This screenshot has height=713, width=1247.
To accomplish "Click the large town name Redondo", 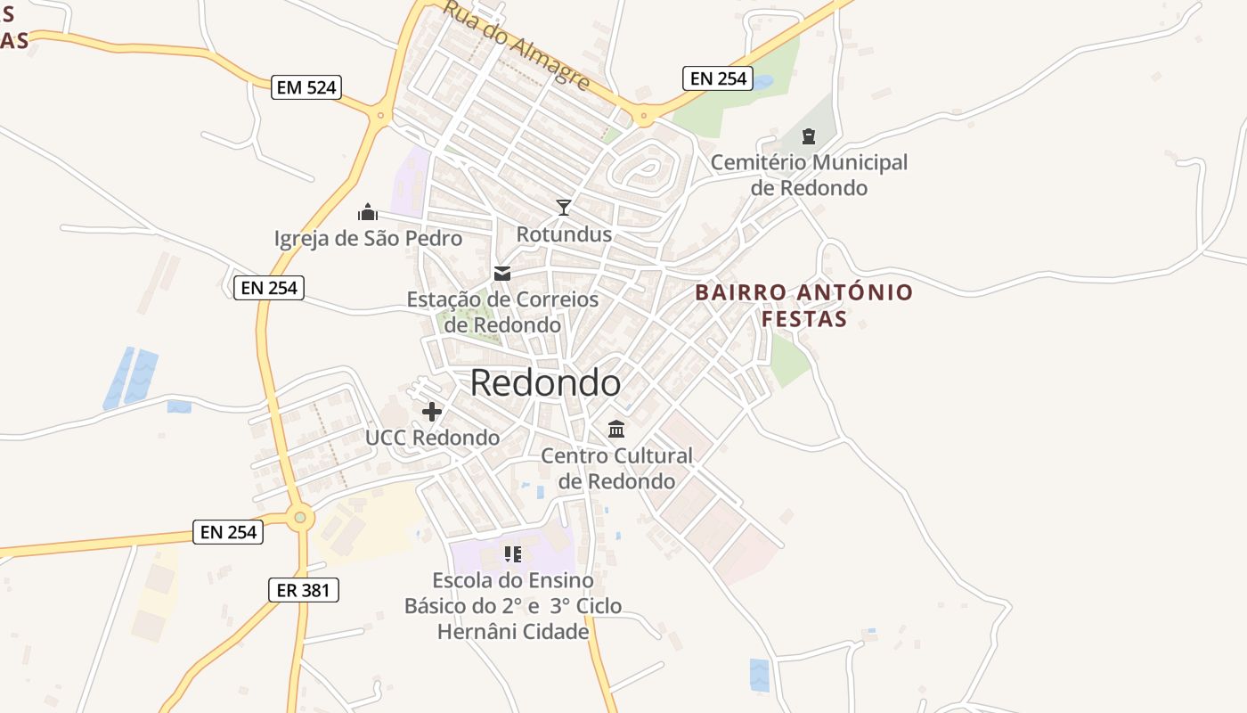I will click(x=545, y=382).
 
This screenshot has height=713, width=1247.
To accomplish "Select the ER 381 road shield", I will click(x=304, y=589).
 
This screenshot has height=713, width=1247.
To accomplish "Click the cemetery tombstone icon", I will click(x=809, y=136).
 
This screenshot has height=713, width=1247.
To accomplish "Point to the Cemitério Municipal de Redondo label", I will click(x=809, y=175).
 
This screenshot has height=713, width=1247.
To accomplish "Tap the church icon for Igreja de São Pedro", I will click(x=368, y=212).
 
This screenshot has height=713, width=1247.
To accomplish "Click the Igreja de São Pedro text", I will click(x=368, y=238).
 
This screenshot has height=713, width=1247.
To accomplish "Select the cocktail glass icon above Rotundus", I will click(x=564, y=208).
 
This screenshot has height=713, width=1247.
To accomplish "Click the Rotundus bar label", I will click(x=564, y=234).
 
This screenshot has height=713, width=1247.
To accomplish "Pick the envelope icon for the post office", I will click(x=502, y=273).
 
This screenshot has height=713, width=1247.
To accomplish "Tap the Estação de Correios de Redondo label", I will click(x=502, y=312).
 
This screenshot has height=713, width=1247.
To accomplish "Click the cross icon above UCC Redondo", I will click(x=432, y=412).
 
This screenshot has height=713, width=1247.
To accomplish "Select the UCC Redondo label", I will click(x=432, y=438).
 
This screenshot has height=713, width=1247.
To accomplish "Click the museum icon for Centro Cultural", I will click(x=616, y=430).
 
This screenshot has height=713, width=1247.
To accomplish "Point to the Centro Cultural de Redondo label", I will click(x=616, y=468).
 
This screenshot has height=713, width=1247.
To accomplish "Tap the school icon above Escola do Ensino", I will click(x=512, y=554).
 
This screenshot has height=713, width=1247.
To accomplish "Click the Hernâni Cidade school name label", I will click(x=513, y=632).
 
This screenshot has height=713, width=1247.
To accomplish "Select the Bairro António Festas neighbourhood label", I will click(x=804, y=305).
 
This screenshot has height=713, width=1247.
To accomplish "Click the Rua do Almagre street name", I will click(x=517, y=45).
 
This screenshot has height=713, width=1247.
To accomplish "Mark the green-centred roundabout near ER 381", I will click(x=300, y=516).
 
